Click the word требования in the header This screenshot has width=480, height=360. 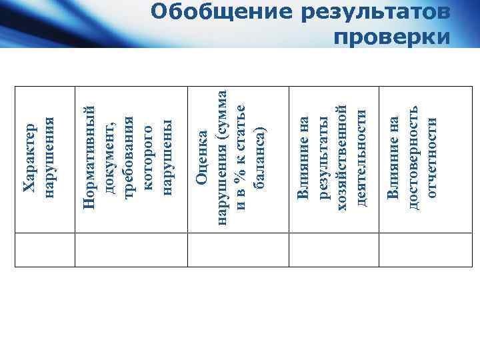(x=130, y=157)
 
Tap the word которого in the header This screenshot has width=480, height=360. (x=149, y=157)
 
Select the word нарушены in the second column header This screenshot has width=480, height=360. (x=167, y=157)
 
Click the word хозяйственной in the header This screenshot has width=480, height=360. (x=343, y=158)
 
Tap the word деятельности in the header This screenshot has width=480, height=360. (x=361, y=158)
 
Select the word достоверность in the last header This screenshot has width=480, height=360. (x=413, y=158)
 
